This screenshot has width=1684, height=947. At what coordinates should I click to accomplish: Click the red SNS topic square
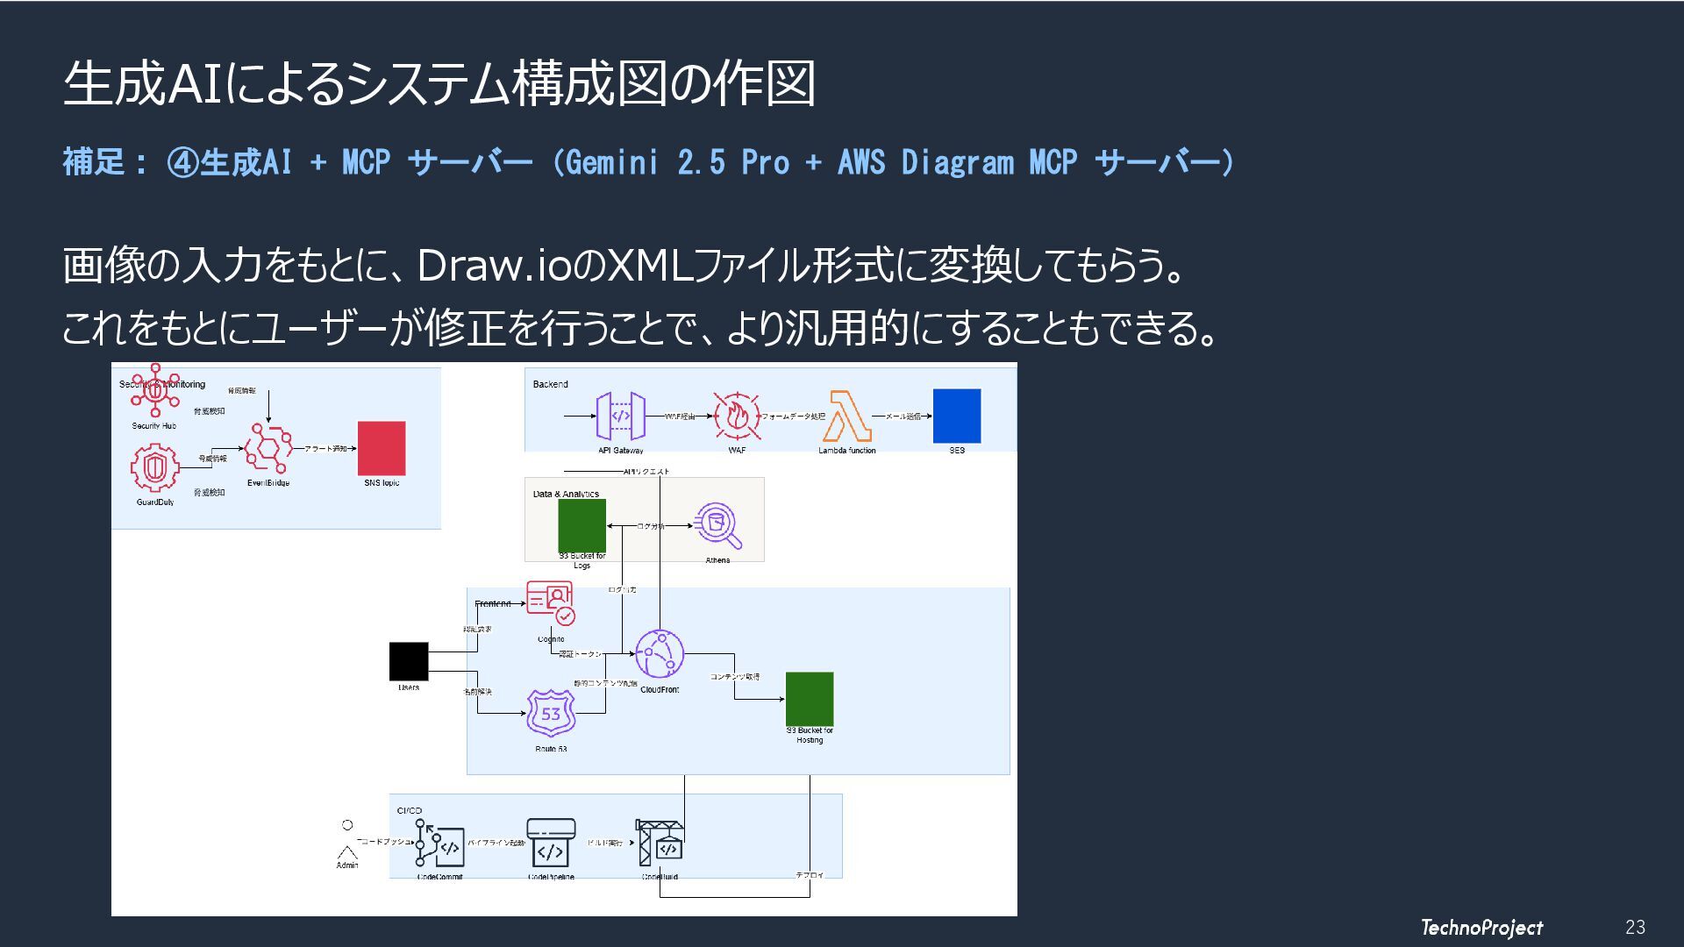(x=382, y=448)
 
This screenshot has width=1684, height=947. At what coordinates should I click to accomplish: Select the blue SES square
(x=956, y=416)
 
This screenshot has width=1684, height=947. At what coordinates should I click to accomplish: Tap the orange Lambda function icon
(x=847, y=416)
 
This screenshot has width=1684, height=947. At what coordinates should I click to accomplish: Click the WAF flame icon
(x=737, y=416)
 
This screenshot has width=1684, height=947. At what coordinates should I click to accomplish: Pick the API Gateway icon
(x=621, y=416)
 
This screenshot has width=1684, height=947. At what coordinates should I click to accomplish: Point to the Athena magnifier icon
(x=717, y=526)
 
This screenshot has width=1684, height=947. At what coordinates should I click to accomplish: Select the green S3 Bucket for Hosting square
(x=809, y=698)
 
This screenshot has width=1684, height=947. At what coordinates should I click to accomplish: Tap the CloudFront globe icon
(x=659, y=654)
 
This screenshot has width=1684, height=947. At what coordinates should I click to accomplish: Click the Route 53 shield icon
(x=551, y=713)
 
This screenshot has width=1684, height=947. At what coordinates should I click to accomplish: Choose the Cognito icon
(x=551, y=602)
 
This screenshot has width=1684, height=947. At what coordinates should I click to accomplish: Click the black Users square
(x=409, y=661)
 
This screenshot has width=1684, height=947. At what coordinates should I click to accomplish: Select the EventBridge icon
(x=268, y=448)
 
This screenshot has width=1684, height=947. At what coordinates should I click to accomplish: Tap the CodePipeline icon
(x=551, y=842)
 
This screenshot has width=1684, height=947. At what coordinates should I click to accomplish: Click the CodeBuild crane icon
(x=660, y=843)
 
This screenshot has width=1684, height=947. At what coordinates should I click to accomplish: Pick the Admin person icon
(x=347, y=841)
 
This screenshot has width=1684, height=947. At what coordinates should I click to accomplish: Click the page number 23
(x=1635, y=927)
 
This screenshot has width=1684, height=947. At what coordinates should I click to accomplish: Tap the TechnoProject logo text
(x=1481, y=927)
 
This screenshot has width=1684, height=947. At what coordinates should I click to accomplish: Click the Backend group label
(x=550, y=384)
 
